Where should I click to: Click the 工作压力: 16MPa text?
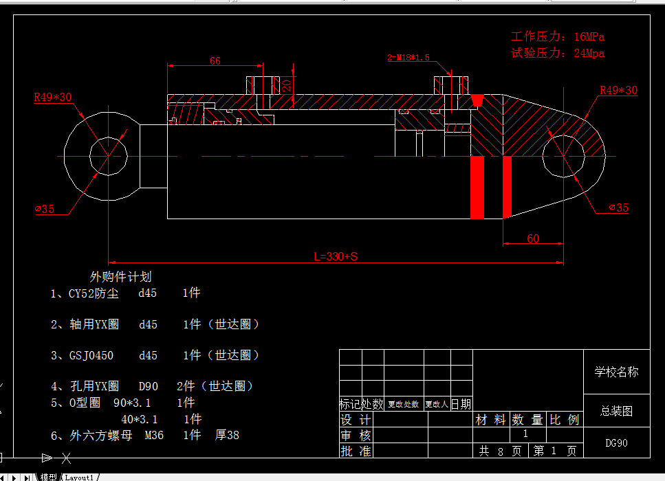558,36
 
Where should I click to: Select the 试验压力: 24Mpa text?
558,53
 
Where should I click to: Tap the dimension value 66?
215,61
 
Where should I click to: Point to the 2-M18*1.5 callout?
408,58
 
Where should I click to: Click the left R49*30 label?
53,98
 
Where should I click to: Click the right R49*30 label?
618,90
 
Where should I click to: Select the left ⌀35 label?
45,209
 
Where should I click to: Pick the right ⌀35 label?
618,208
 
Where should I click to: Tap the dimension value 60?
533,238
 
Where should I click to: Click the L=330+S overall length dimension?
336,256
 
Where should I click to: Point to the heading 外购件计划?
121,276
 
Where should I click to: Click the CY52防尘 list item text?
94,293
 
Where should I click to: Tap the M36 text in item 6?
154,435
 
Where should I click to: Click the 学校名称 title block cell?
616,372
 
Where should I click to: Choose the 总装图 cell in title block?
616,411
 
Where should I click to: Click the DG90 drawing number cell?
616,443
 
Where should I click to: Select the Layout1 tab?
79,477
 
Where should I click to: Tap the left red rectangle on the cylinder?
477,187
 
